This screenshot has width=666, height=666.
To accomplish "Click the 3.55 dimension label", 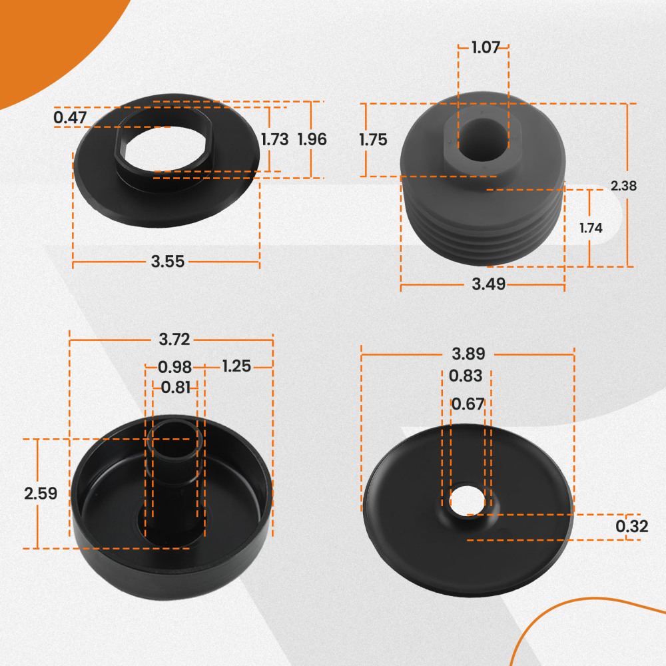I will tap(167, 262).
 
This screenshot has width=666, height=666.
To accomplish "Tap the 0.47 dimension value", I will tap(70, 118).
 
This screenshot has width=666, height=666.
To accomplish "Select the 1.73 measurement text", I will tap(274, 140).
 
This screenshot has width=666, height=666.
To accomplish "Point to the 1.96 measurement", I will tap(312, 140).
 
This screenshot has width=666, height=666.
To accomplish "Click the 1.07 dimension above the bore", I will tap(485, 48).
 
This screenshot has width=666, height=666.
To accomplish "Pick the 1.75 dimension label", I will tap(373, 140).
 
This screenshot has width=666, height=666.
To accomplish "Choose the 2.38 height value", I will tap(623, 186).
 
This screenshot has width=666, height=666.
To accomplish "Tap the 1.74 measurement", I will tap(591, 228).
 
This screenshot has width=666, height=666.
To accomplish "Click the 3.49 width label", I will tap(488, 284).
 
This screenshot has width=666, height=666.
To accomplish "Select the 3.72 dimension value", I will tap(174, 340).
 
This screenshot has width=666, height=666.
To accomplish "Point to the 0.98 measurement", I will tap(175, 367).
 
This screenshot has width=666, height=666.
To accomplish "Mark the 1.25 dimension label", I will tap(236, 366).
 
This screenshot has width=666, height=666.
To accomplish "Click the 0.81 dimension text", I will tap(176, 387).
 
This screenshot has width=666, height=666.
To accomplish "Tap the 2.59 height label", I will tap(40, 494).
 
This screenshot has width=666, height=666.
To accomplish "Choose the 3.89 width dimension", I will tap(468, 354).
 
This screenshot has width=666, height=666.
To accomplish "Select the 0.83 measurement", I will tap(466, 376).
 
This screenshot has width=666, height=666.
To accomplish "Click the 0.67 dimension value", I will tap(468, 404).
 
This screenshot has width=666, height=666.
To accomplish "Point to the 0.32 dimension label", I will tap(631, 527).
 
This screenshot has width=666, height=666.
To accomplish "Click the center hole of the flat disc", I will tap(467, 502).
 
